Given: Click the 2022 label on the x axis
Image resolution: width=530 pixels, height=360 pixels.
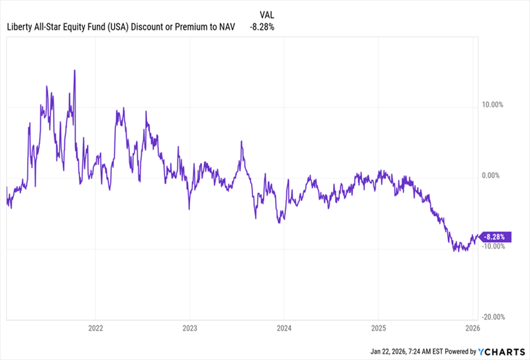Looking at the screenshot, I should click(x=95, y=328).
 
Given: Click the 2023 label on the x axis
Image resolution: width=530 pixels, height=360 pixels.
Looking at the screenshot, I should click(x=189, y=328).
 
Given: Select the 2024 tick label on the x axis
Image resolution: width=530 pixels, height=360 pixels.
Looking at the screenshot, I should click(x=284, y=328).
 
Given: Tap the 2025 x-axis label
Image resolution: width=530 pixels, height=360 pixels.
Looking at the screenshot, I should click(x=378, y=328).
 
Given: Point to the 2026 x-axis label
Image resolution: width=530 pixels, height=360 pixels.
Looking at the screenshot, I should click(x=471, y=328).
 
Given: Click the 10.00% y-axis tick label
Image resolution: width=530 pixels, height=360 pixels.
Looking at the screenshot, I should click(x=492, y=105).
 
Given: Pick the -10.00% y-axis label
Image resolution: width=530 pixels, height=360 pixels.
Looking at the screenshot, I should click(x=492, y=247).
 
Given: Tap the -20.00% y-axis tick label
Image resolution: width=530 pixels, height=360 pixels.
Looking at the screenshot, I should click(x=492, y=317).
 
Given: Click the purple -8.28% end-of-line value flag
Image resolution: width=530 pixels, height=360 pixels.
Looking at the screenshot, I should click(x=496, y=236).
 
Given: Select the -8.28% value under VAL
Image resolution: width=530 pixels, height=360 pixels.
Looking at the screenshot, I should click(x=262, y=27).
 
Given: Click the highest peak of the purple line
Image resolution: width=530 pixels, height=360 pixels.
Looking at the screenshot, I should click(x=74, y=71).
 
